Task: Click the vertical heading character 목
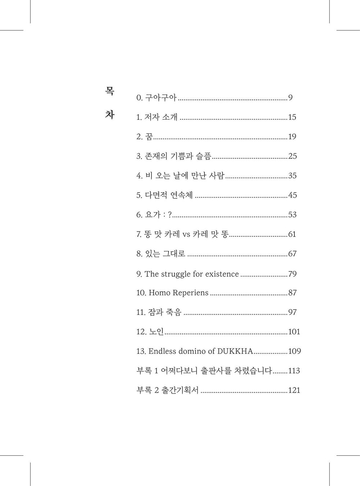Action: tap(110, 91)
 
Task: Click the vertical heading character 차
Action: tap(110, 114)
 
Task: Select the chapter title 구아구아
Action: tap(161, 98)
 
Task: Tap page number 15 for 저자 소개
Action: tap(292, 117)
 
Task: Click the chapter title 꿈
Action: tap(149, 136)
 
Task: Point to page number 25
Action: tap(292, 156)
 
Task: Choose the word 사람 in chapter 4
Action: tap(217, 175)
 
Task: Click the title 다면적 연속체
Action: tap(169, 195)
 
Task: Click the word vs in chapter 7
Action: tap(186, 234)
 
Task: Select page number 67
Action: tap(292, 254)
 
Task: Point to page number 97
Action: tap(292, 312)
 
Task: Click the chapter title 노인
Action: tap(157, 332)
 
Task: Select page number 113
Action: tap(294, 370)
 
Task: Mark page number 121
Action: tap(294, 390)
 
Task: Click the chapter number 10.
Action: tap(141, 293)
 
